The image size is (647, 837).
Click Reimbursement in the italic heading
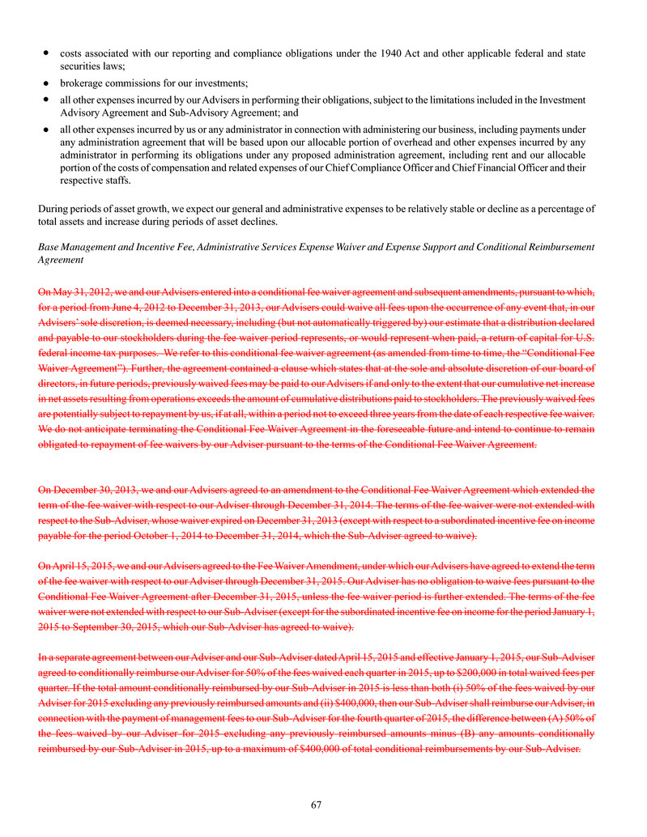pyautogui.click(x=558, y=246)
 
